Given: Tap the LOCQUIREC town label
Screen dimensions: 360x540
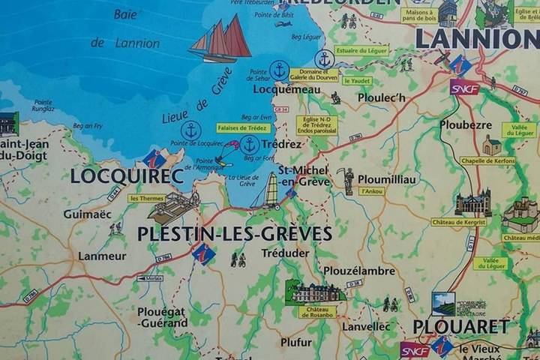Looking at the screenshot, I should [127, 176].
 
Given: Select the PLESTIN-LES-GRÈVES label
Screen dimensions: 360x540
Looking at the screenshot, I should [234, 233].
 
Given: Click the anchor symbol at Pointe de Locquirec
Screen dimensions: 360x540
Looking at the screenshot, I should [191, 130].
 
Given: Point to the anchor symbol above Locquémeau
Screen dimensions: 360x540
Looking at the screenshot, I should [280, 70].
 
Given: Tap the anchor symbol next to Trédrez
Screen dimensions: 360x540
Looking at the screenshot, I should [250, 144].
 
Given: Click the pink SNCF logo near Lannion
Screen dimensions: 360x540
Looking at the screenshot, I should [464, 87].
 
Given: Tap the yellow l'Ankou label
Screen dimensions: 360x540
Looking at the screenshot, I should [372, 191].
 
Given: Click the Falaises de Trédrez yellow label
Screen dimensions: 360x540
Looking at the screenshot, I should [243, 128].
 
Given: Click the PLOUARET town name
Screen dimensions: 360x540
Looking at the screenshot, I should [461, 327].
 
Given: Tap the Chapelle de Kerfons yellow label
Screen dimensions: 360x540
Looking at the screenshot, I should [487, 160].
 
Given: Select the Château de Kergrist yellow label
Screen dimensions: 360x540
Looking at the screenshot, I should [458, 222].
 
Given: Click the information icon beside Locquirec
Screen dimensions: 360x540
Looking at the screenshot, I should [154, 159].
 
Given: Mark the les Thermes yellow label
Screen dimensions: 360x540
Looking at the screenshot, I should [146, 199].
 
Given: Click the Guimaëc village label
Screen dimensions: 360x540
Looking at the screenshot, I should [87, 214].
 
